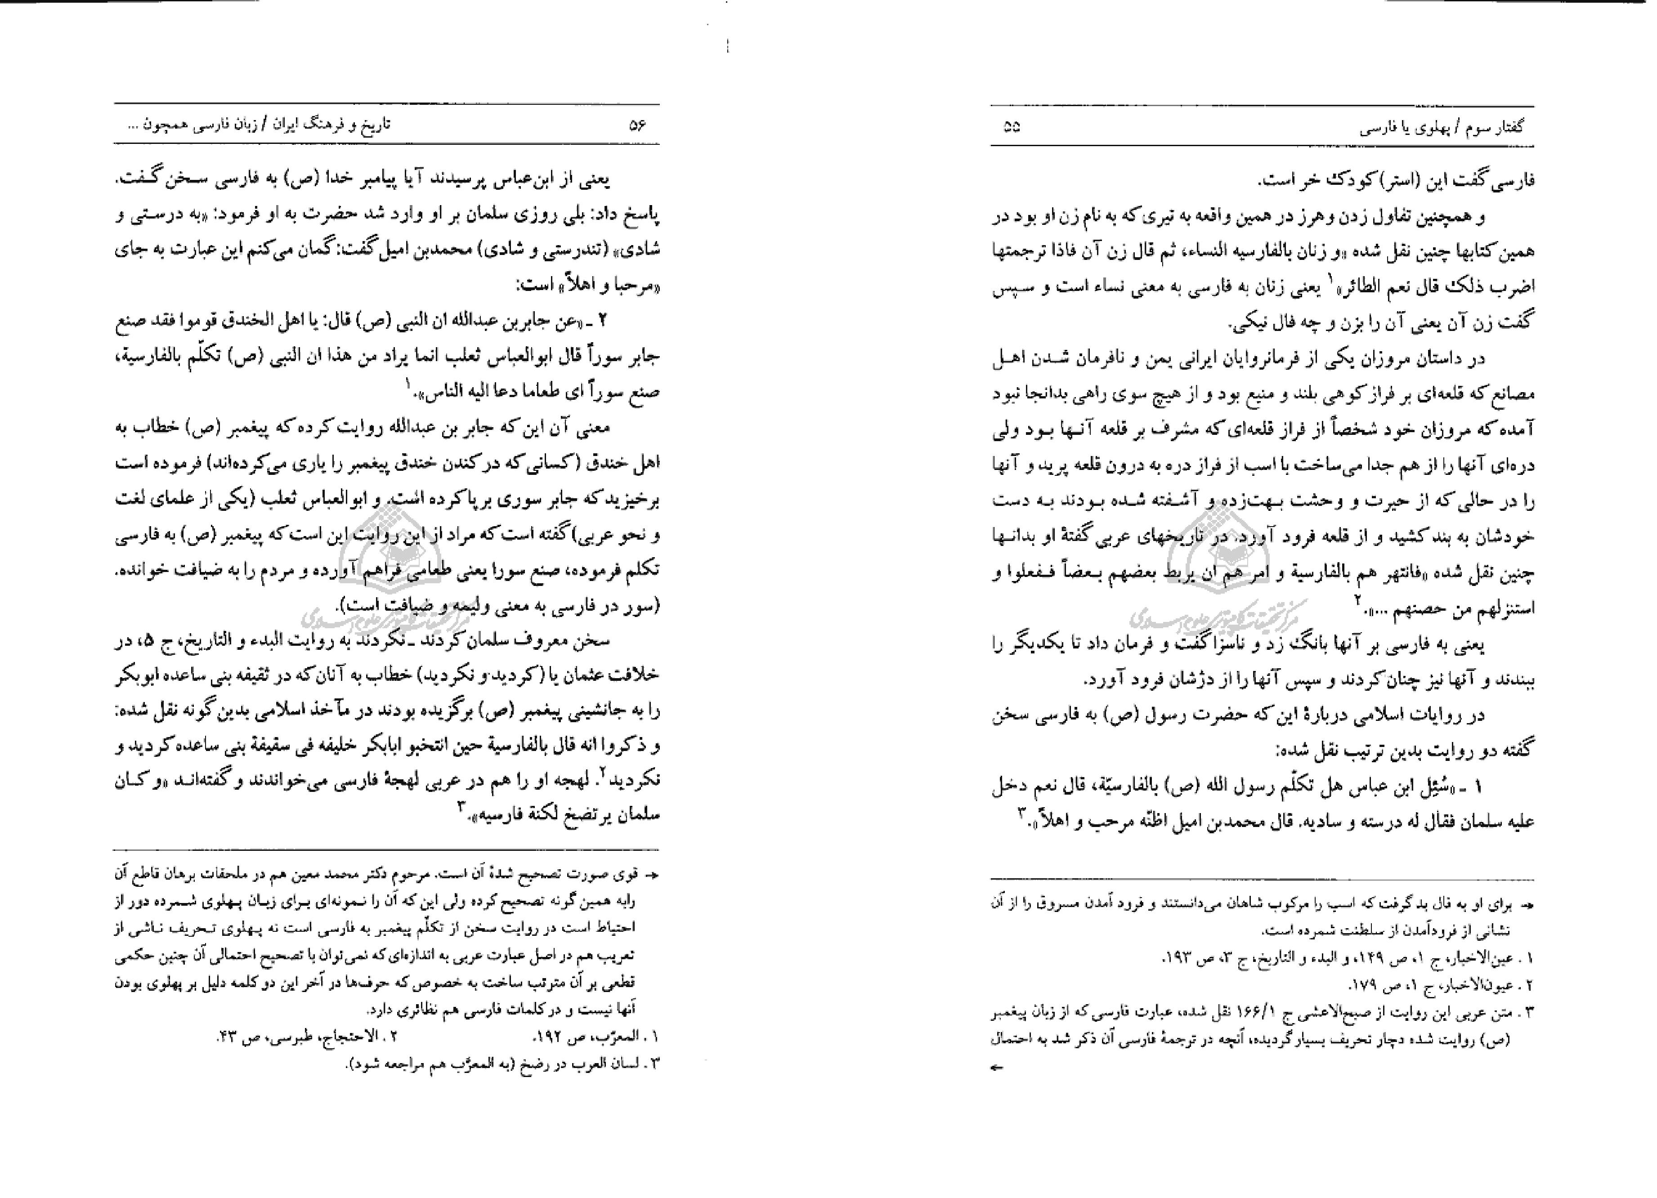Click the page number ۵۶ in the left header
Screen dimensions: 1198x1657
click(x=638, y=125)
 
